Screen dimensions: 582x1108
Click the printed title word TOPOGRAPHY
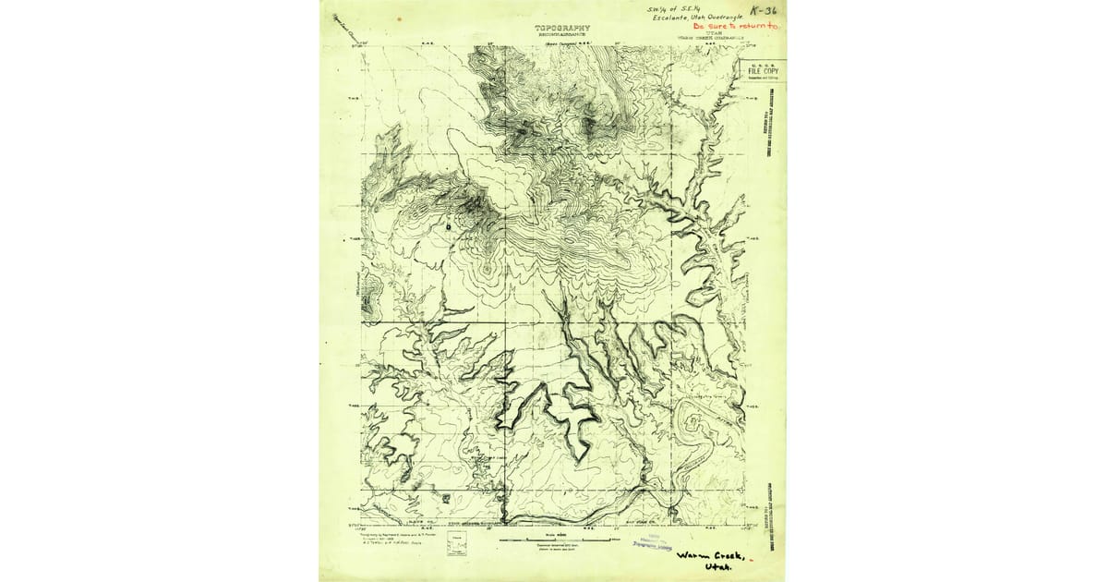(561, 28)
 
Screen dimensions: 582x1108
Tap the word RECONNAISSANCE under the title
(561, 35)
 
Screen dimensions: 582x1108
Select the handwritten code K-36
(764, 10)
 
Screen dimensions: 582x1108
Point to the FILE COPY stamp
(762, 70)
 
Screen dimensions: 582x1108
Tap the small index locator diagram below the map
(455, 543)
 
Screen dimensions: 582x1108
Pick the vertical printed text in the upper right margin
(767, 120)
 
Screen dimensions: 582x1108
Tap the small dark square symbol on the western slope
(449, 224)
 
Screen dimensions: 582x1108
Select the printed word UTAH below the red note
(710, 34)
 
